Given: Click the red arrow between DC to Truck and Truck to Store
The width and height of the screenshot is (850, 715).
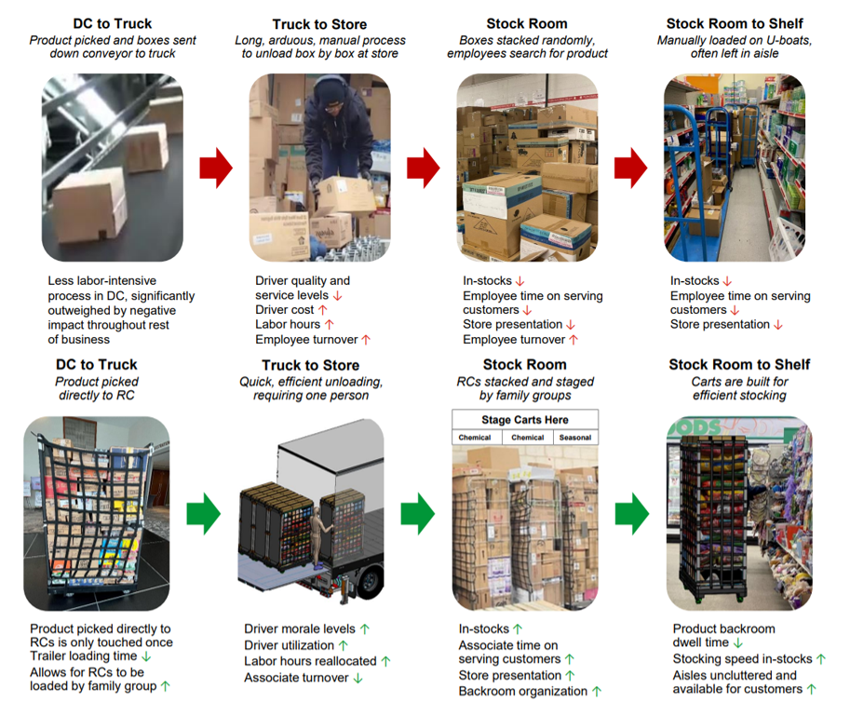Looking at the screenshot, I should click(x=216, y=167).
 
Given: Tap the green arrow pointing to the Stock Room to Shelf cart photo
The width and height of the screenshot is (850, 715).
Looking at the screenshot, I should click(x=632, y=513).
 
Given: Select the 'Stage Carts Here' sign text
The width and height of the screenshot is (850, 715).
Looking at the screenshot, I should click(x=525, y=420).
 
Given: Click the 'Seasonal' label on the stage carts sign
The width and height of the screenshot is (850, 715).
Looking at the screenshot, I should click(x=574, y=438).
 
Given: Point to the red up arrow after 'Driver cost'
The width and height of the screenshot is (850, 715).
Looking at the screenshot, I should click(x=323, y=310).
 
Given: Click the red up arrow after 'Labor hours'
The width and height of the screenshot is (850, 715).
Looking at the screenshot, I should click(x=329, y=325).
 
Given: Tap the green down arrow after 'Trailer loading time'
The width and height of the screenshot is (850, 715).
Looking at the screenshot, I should click(x=146, y=657).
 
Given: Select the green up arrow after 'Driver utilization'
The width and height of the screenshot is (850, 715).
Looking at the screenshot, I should click(x=344, y=645).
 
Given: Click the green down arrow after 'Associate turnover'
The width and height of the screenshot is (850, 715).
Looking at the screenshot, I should click(x=358, y=678).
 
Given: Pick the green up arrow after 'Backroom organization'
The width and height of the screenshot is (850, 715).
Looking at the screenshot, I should click(x=597, y=692).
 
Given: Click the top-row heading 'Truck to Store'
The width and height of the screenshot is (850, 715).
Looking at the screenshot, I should click(x=318, y=25).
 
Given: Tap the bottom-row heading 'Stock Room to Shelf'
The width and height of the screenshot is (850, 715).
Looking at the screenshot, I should click(x=740, y=365).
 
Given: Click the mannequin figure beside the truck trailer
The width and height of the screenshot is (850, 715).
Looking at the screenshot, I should click(x=322, y=532).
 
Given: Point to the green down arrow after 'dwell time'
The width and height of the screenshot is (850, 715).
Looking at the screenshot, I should click(x=737, y=643).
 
